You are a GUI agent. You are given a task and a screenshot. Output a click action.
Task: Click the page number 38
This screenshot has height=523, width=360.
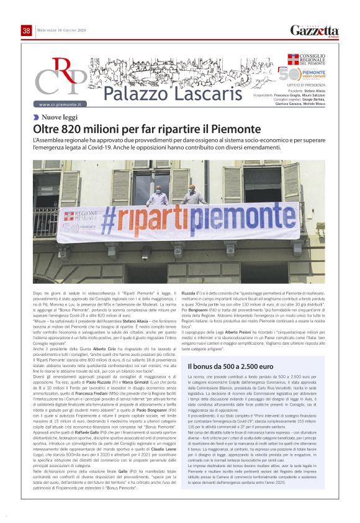pos(26,30)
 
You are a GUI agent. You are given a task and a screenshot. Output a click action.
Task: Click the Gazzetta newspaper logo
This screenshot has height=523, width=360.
pos(315,30)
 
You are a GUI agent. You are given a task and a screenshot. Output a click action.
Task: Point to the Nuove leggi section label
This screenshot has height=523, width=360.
pos(60,117)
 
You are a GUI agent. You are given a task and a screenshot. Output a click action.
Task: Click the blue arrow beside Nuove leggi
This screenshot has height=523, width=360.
pos(37,117)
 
